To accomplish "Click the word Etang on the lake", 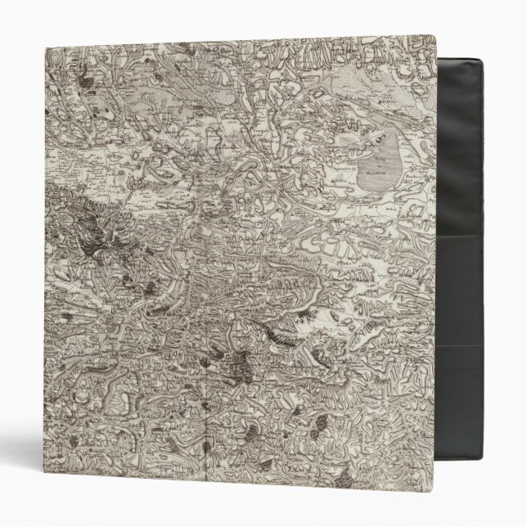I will (x=381, y=164).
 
